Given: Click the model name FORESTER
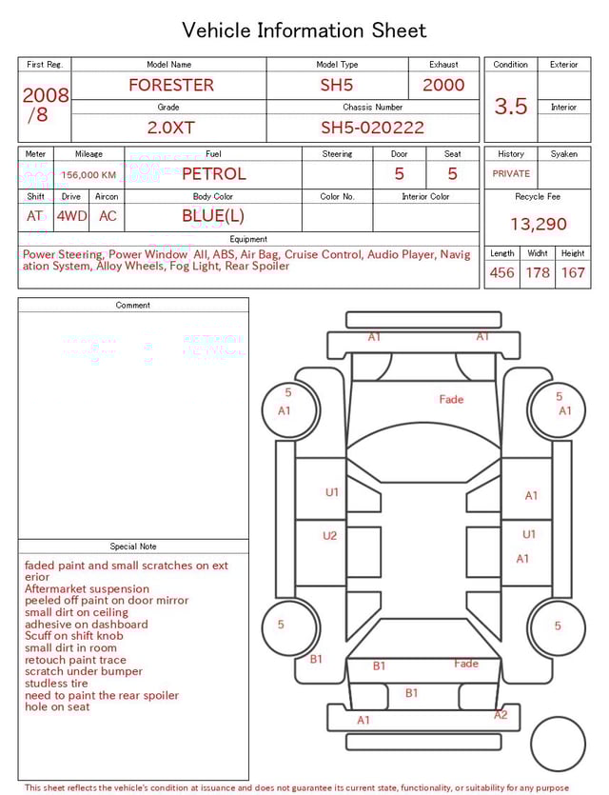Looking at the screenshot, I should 171,85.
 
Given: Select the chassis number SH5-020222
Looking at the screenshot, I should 372,128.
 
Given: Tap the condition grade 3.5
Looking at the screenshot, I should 511,107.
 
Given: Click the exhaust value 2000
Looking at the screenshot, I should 443,85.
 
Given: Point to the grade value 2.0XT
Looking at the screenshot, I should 168,128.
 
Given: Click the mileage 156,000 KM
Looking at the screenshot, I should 88,175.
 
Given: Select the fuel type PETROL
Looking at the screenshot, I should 213,174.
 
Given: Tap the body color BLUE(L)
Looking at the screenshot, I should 213,216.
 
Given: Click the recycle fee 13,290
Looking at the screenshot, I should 538,225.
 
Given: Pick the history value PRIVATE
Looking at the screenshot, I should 511,174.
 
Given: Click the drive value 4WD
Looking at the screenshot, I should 71,216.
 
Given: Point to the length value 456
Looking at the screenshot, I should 501,273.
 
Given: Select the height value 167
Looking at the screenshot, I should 573,273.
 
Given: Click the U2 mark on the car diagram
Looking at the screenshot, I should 329,536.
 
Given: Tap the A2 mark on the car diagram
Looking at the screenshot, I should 501,715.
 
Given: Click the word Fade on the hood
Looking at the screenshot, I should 451,400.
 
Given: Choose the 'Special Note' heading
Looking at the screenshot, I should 133,547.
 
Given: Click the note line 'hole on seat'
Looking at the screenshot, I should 57,707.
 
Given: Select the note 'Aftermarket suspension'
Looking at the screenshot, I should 87,589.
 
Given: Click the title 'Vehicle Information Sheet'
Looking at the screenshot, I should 304,30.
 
